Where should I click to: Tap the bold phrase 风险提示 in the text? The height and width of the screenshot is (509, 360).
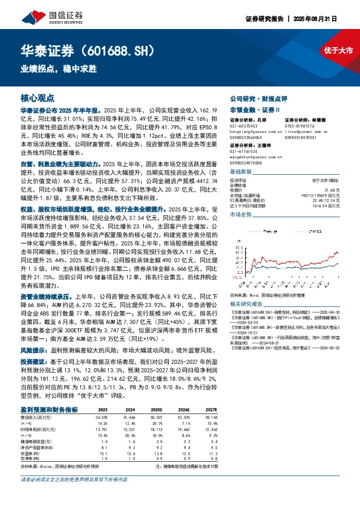pyautogui.click(x=33, y=351)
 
